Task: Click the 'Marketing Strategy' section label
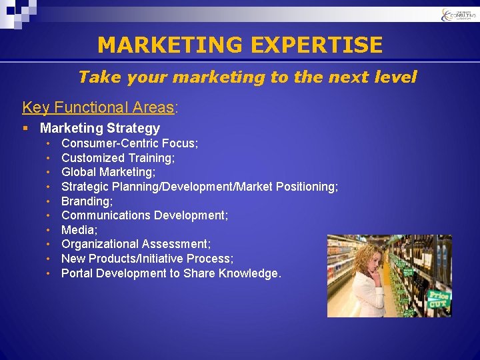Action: click(100, 128)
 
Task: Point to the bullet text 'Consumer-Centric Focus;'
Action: click(129, 143)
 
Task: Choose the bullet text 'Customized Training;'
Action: click(118, 158)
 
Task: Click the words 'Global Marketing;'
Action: click(108, 172)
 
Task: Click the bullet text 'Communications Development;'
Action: click(145, 215)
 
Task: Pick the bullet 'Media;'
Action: click(79, 230)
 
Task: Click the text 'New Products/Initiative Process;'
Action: click(147, 259)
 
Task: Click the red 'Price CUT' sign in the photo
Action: click(439, 300)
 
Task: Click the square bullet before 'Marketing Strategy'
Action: click(25, 128)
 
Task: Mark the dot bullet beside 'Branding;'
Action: click(49, 201)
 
